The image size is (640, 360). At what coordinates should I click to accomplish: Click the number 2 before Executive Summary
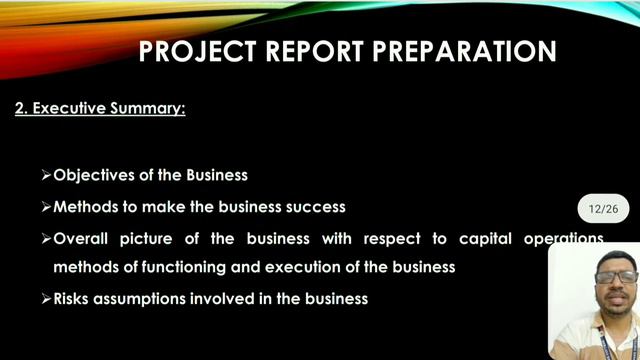pos(20,108)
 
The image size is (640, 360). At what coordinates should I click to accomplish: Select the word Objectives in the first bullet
pos(93,175)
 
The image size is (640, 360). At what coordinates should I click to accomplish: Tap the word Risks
pos(74,298)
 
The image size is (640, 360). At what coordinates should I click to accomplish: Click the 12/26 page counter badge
pos(604,209)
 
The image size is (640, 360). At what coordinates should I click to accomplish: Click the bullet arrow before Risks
pos(46,298)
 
